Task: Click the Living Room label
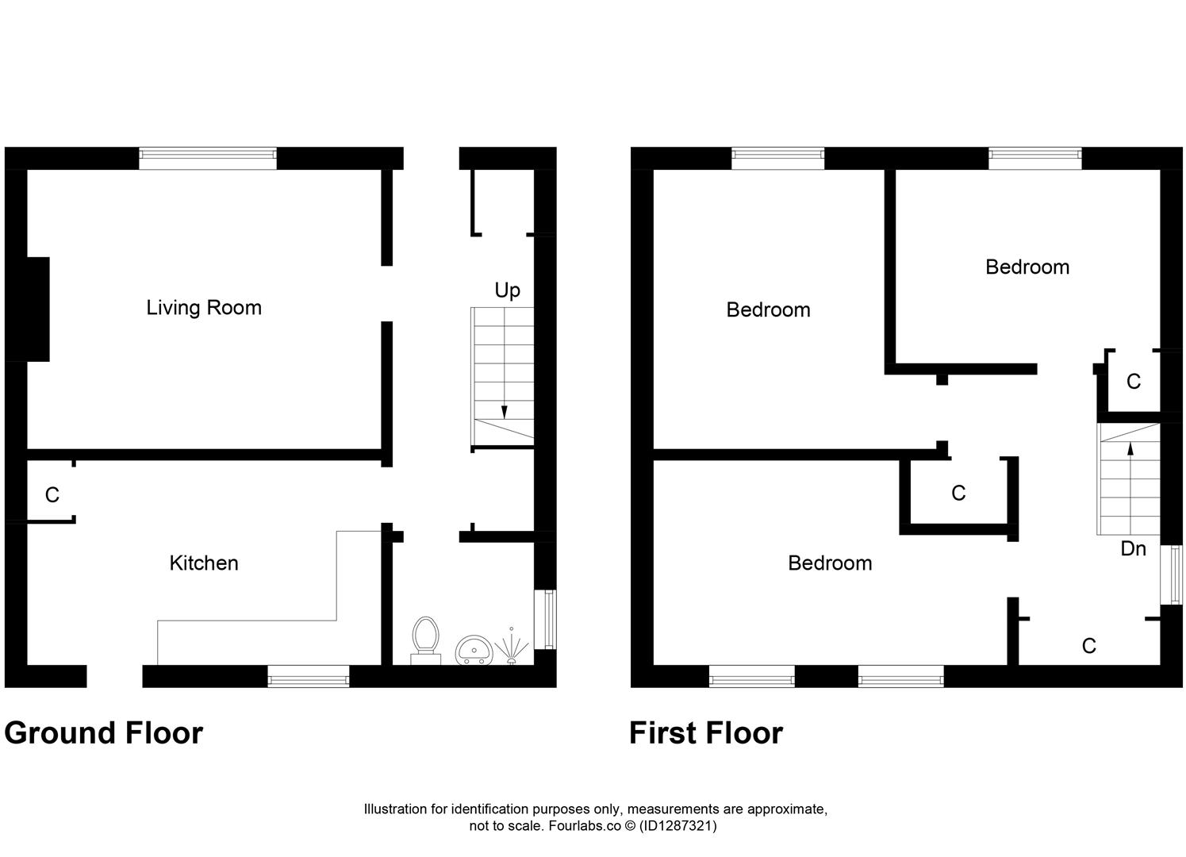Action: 204,308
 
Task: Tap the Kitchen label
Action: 204,563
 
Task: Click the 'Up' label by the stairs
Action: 507,290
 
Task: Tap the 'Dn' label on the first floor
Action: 1133,548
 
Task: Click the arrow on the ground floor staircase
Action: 504,410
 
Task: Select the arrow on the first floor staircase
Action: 1130,449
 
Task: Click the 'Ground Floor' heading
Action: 104,733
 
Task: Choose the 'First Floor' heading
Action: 706,733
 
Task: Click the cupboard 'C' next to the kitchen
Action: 52,496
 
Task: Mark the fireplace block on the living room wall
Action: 38,309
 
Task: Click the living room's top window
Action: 208,158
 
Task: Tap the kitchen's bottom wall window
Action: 308,677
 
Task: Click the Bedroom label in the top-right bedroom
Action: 1027,267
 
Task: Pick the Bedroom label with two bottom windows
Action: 830,563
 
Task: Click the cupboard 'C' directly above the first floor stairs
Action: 1133,382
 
